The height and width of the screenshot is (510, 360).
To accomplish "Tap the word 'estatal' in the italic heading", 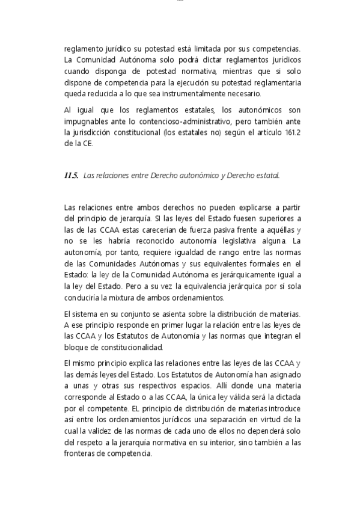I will pyautogui.click(x=267, y=176).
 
